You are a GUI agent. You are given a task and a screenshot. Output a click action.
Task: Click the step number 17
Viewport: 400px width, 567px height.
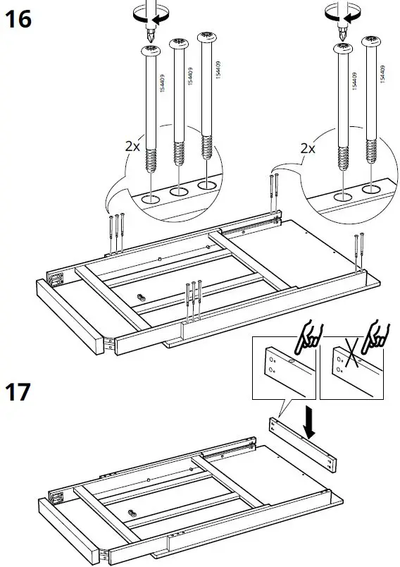pos(19,392)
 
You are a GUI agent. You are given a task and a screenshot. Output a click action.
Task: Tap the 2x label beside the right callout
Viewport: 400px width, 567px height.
pos(308,149)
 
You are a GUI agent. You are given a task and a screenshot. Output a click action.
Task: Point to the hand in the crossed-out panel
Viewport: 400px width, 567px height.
pos(379,336)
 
